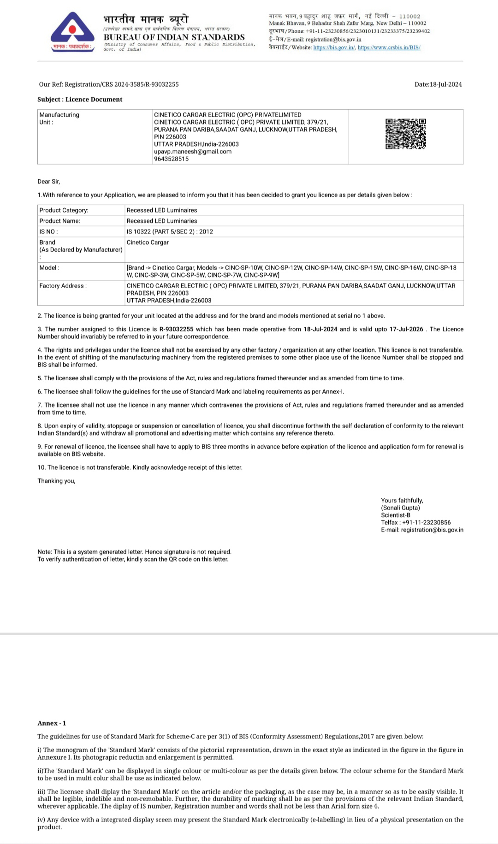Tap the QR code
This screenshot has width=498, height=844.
(406, 134)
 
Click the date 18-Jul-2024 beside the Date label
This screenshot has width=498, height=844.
(445, 84)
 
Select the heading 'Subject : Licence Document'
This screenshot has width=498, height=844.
(80, 100)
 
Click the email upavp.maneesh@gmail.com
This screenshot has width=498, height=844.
(193, 152)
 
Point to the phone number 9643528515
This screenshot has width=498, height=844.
(171, 159)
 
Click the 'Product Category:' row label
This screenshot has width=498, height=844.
(64, 210)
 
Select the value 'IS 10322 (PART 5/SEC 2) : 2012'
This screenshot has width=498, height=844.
(170, 232)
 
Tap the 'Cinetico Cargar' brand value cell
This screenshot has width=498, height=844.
(148, 242)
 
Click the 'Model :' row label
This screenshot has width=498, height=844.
(49, 268)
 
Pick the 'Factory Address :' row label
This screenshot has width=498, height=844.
(63, 286)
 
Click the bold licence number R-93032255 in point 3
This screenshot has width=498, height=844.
(176, 329)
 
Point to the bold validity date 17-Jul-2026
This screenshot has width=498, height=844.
(406, 329)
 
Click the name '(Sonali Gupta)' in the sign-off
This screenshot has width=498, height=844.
(400, 508)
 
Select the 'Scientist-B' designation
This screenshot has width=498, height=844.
(396, 515)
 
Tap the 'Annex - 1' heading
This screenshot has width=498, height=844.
(52, 723)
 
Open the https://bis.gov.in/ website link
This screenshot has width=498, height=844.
(334, 47)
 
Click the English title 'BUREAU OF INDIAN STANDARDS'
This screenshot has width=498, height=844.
(174, 37)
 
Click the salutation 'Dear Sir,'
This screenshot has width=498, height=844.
(49, 182)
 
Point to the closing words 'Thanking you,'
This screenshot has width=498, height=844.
(56, 481)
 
